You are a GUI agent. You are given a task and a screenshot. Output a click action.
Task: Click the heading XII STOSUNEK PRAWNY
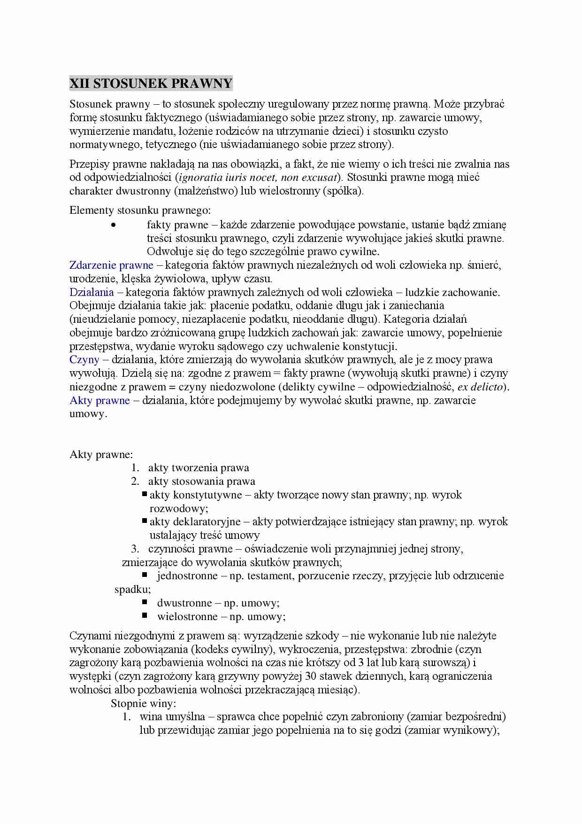coord(151,84)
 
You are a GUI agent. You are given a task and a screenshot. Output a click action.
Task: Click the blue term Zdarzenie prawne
coord(111,265)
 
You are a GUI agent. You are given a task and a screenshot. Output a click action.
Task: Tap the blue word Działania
coord(92,292)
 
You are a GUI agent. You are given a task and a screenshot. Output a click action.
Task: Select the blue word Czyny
coord(84,360)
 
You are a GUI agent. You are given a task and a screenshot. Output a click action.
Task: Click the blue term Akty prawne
coord(100,400)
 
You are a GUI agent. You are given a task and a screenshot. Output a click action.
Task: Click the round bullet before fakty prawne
coord(113,225)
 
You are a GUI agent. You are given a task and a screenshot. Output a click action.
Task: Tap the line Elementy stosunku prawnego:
coord(140,210)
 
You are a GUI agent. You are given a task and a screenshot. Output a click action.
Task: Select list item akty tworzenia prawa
coord(199,467)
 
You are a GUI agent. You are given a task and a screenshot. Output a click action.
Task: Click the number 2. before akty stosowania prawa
coord(135,481)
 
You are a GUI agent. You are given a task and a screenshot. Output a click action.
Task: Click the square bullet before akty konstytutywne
coord(145,494)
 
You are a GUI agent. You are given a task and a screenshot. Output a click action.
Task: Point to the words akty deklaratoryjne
coord(195,521)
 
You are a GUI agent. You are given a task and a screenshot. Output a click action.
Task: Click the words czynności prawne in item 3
coord(190,549)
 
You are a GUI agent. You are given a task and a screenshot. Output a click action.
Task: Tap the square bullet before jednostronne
coord(145,575)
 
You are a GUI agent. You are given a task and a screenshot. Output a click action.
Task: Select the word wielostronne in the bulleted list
coord(187,616)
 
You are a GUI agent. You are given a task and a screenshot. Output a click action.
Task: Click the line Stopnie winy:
coord(143,703)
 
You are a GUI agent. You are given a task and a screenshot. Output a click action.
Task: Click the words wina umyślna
coord(172,717)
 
